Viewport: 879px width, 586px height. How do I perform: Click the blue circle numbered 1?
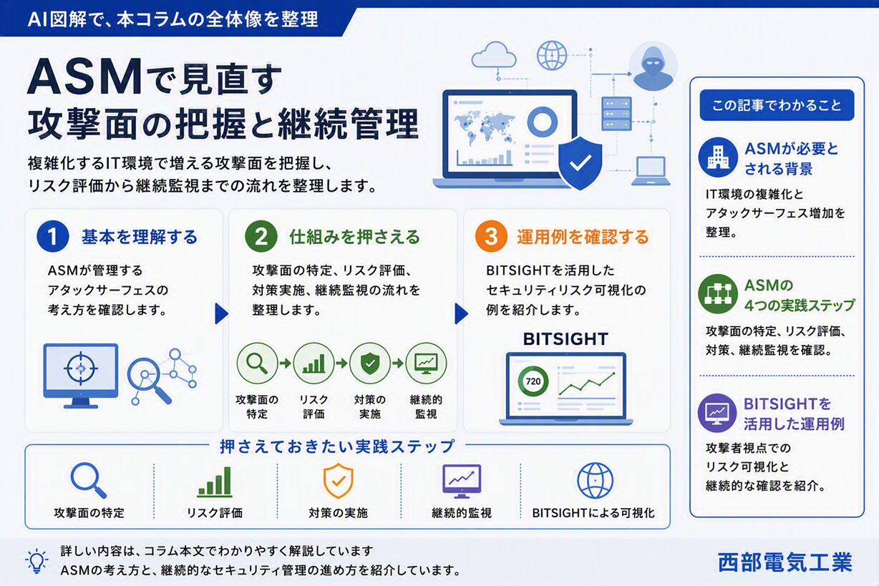tap(52, 236)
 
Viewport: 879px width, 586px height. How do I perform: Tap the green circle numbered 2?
tap(261, 236)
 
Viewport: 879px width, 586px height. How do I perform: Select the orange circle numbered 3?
tap(491, 236)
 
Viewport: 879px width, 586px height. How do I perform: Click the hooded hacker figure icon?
tap(653, 67)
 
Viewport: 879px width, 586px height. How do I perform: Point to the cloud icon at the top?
tap(494, 55)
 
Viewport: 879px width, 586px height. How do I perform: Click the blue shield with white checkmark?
tap(580, 163)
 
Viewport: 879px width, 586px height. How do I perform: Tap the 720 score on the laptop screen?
tap(533, 381)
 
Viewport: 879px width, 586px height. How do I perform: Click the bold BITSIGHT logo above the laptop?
tap(565, 339)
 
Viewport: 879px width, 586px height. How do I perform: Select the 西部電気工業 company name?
tap(785, 562)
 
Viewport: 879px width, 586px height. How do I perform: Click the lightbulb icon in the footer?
tap(37, 561)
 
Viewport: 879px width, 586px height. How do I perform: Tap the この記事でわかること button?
tap(777, 105)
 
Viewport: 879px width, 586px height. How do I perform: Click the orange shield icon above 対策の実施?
tap(338, 481)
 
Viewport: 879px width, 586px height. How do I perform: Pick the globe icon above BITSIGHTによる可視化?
tap(595, 480)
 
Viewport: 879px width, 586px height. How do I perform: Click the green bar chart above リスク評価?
tap(215, 482)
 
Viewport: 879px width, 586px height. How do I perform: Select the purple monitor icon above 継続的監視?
tap(462, 482)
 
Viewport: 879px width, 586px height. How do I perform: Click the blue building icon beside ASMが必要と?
tap(718, 157)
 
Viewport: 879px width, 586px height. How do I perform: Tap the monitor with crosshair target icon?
tap(80, 376)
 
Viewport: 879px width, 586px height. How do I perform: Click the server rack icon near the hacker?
tap(616, 113)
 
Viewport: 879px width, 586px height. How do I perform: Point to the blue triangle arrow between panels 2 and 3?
tap(461, 313)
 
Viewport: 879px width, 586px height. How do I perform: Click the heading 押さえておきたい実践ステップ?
tap(337, 446)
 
